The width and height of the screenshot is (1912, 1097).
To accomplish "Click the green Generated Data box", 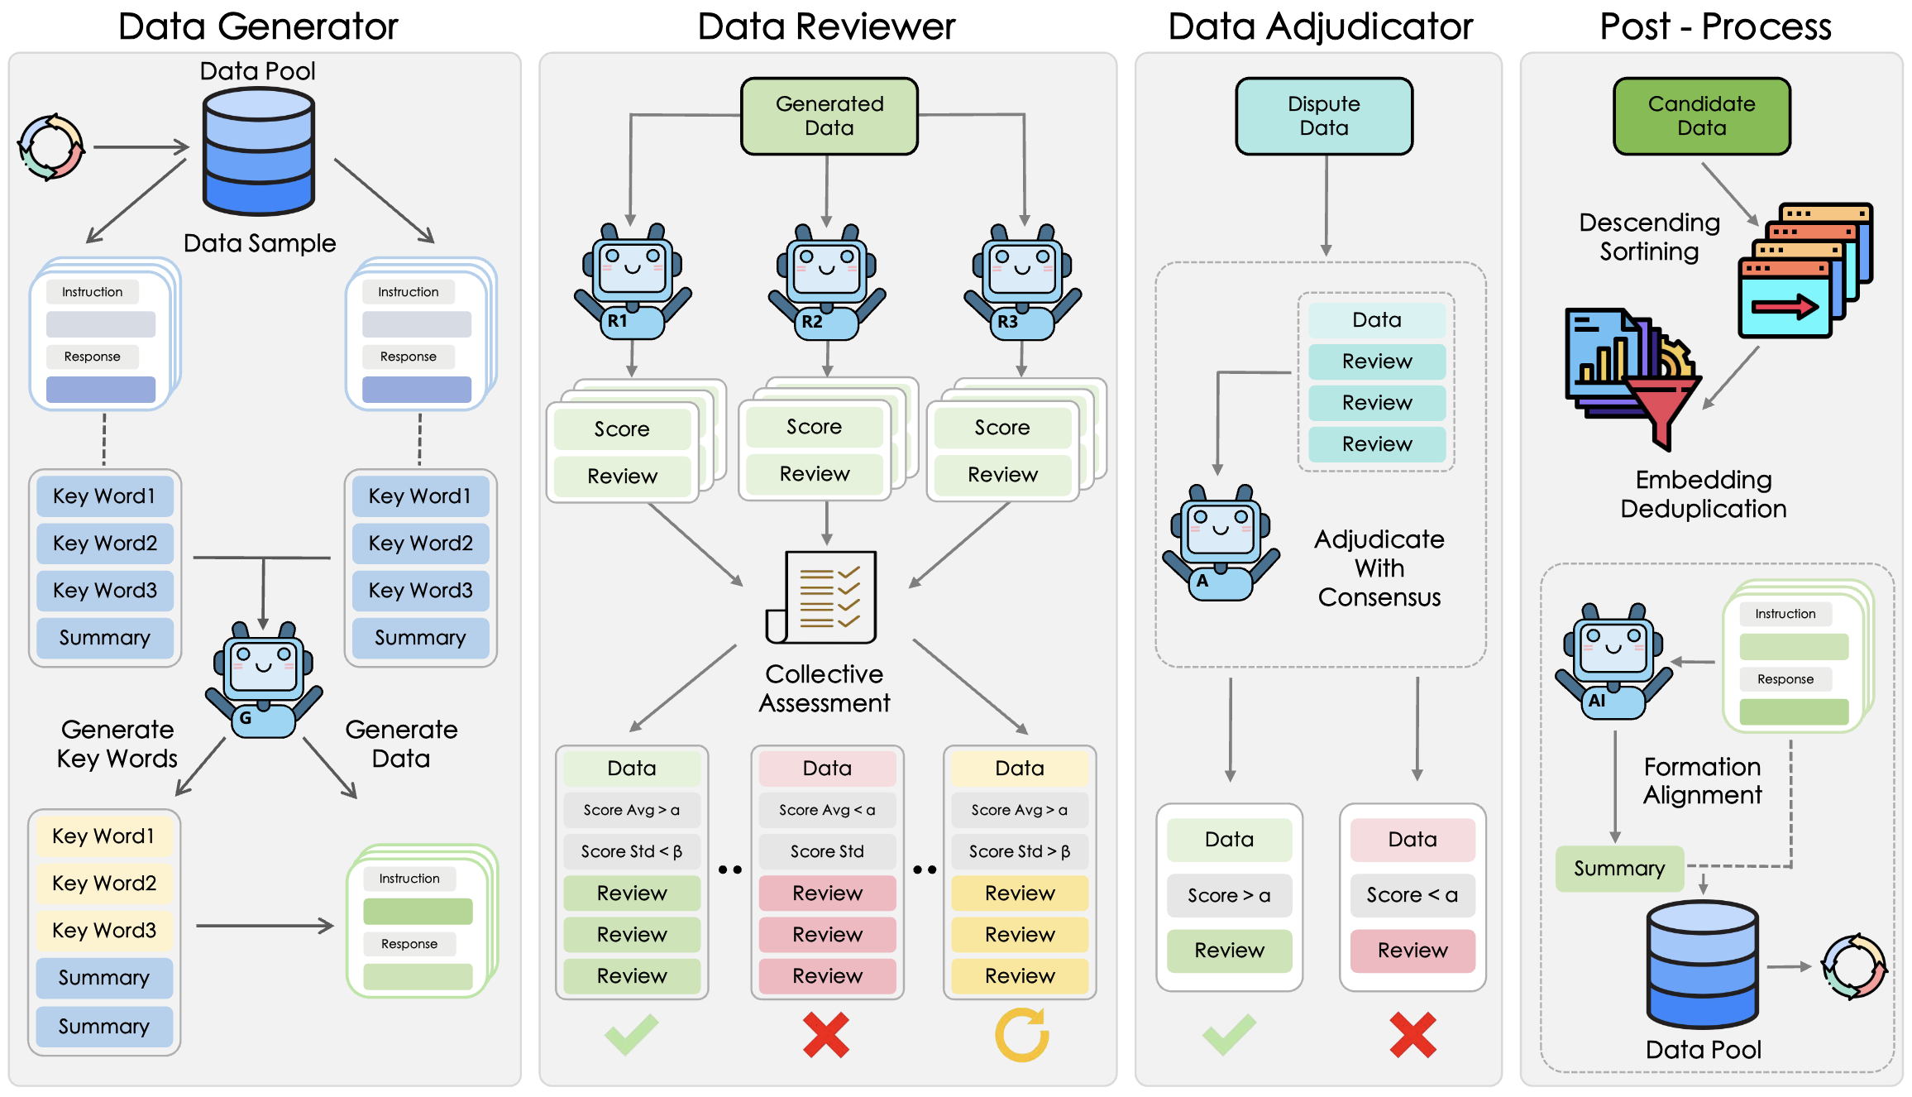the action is click(829, 116).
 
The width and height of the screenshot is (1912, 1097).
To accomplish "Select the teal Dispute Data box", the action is click(1324, 116).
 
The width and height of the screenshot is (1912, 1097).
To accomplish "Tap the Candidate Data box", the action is click(1701, 116).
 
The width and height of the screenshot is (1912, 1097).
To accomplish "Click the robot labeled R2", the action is click(827, 281).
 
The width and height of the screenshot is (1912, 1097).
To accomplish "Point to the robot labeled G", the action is click(264, 680).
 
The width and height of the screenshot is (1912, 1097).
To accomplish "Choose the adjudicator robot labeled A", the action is click(1221, 543).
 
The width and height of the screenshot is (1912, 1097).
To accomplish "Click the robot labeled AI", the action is click(1613, 661).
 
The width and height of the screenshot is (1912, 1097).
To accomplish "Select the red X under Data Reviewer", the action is click(826, 1035).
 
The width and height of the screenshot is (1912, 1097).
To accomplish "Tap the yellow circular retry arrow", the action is click(1022, 1035).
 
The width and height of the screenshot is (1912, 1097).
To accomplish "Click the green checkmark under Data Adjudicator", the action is click(1229, 1035).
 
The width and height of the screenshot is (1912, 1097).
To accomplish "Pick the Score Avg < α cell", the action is click(827, 810).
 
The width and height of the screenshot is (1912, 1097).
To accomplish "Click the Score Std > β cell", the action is click(1020, 851).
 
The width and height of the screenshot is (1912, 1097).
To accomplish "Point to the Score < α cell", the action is click(1412, 895).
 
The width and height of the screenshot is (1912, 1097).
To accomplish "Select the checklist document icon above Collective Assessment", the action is click(821, 597).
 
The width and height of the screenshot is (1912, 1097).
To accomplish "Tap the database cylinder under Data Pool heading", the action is click(259, 151).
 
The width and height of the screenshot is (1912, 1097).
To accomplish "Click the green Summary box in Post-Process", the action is click(1619, 869).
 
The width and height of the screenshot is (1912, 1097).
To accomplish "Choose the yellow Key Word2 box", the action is click(104, 883).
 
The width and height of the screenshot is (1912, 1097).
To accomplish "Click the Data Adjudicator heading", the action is click(1320, 26).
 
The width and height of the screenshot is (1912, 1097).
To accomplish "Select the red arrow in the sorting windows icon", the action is click(1785, 307).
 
